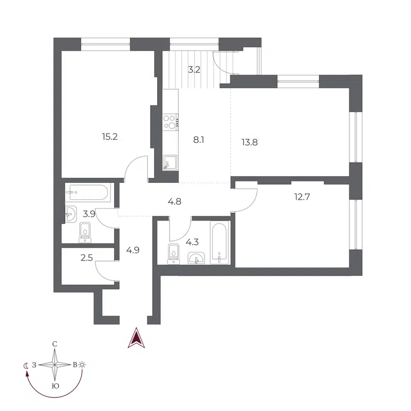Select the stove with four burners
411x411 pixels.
tap(170, 122)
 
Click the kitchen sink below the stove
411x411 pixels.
tap(169, 163)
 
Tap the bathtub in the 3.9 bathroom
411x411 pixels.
tap(88, 193)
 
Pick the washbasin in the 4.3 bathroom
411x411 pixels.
tap(196, 258)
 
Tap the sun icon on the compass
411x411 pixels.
tap(83, 365)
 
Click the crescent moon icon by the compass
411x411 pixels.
tap(26, 365)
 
